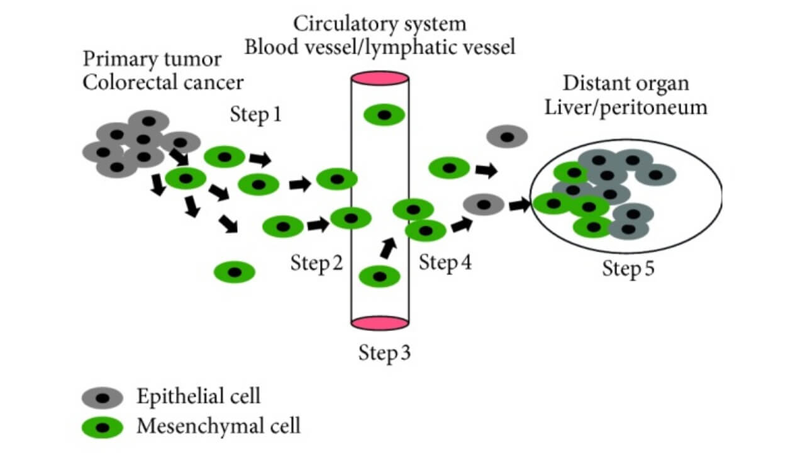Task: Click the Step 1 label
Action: point(256,115)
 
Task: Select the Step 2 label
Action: point(316,263)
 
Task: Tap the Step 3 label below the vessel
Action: point(384,352)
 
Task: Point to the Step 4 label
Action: point(445,262)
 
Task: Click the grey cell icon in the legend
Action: point(102,398)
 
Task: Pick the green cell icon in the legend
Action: point(102,428)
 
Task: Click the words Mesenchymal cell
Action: point(219,427)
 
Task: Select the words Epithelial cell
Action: point(198,396)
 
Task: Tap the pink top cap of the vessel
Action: point(380,79)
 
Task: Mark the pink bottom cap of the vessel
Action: point(380,323)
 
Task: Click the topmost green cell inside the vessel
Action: point(384,115)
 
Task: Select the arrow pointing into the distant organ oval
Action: point(518,204)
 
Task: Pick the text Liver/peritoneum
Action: point(635,107)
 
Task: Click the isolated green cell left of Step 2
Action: point(235,272)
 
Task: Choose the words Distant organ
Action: point(626,83)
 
